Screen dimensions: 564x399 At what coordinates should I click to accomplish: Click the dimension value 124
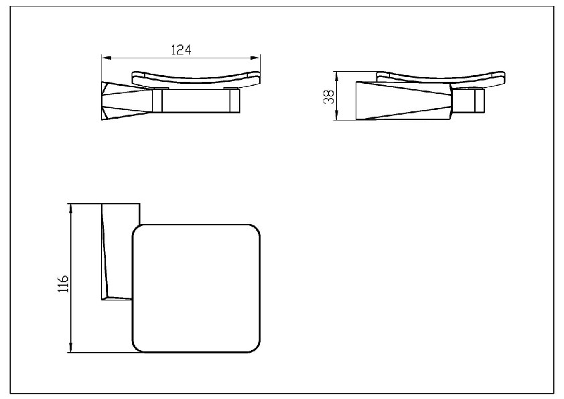pyautogui.click(x=181, y=50)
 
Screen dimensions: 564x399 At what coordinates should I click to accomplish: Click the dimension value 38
pyautogui.click(x=329, y=97)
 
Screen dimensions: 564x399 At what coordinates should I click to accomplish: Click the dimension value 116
pyautogui.click(x=63, y=284)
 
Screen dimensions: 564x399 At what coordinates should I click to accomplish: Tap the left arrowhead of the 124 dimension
pyautogui.click(x=106, y=58)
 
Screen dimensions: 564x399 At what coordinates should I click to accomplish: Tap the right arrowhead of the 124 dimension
pyautogui.click(x=256, y=58)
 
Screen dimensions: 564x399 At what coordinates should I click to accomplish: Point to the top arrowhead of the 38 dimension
pyautogui.click(x=336, y=76)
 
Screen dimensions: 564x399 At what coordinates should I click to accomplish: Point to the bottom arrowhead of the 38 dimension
pyautogui.click(x=336, y=115)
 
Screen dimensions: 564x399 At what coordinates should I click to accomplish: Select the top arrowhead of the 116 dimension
pyautogui.click(x=71, y=208)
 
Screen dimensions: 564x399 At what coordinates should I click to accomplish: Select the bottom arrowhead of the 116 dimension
pyautogui.click(x=71, y=348)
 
